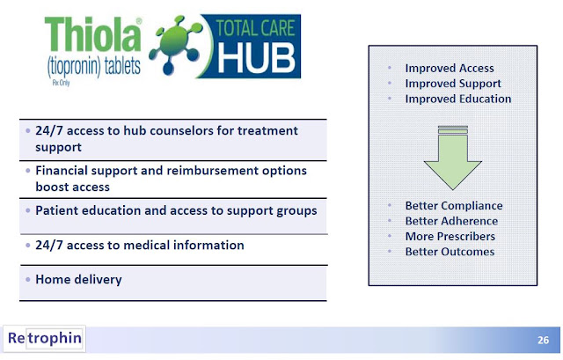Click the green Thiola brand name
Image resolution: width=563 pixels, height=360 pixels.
point(92,35)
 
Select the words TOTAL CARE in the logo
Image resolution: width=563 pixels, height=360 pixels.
point(255,28)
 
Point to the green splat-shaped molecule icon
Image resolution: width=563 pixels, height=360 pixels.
point(176,45)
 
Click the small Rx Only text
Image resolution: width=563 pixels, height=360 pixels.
point(61,83)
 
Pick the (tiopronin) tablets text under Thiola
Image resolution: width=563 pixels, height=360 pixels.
point(94,67)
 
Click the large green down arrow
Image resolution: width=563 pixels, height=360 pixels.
point(452,158)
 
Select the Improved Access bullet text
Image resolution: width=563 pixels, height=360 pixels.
point(450,68)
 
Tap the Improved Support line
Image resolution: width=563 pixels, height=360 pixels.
point(453,84)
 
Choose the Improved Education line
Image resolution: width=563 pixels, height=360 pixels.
point(458,99)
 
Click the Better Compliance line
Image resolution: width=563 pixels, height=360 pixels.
point(454,205)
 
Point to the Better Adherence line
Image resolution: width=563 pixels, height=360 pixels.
point(451,221)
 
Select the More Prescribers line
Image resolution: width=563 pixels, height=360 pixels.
point(450,237)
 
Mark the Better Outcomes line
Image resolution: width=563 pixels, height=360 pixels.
point(450,252)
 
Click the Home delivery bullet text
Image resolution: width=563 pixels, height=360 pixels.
point(78,280)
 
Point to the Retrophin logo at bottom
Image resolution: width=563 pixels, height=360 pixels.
point(45,338)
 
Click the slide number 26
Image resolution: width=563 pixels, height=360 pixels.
point(543,340)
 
